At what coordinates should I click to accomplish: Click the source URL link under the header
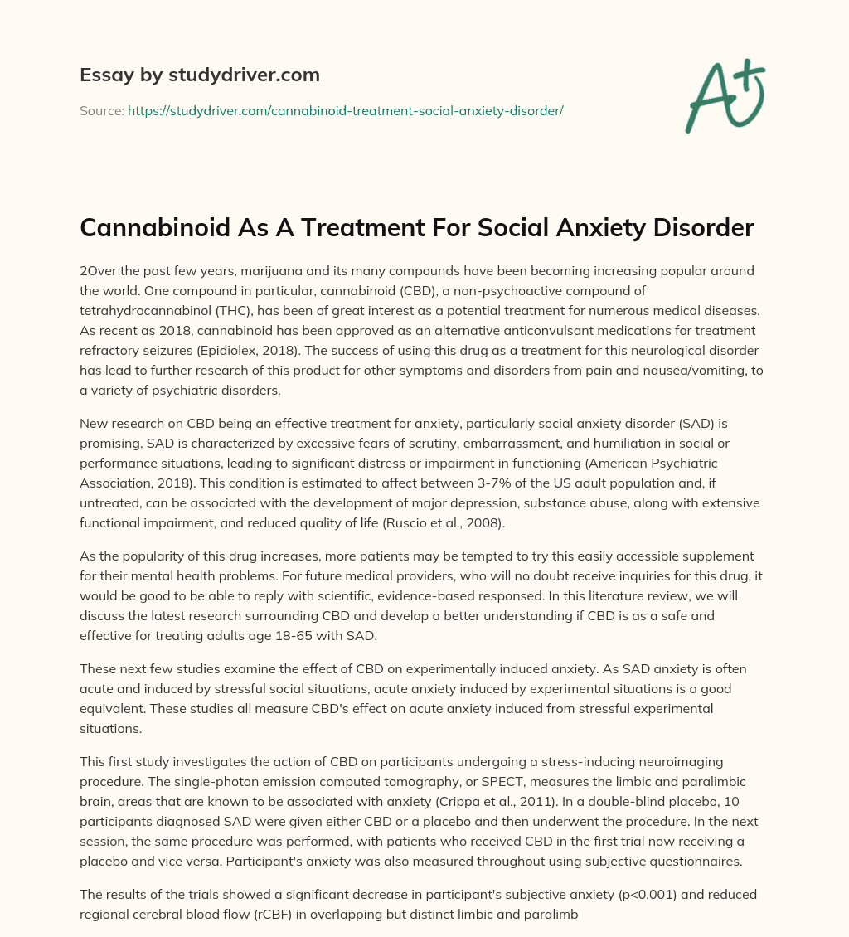[x=345, y=110]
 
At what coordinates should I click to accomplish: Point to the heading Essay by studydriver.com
[x=200, y=75]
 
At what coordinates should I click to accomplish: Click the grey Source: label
[x=102, y=110]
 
